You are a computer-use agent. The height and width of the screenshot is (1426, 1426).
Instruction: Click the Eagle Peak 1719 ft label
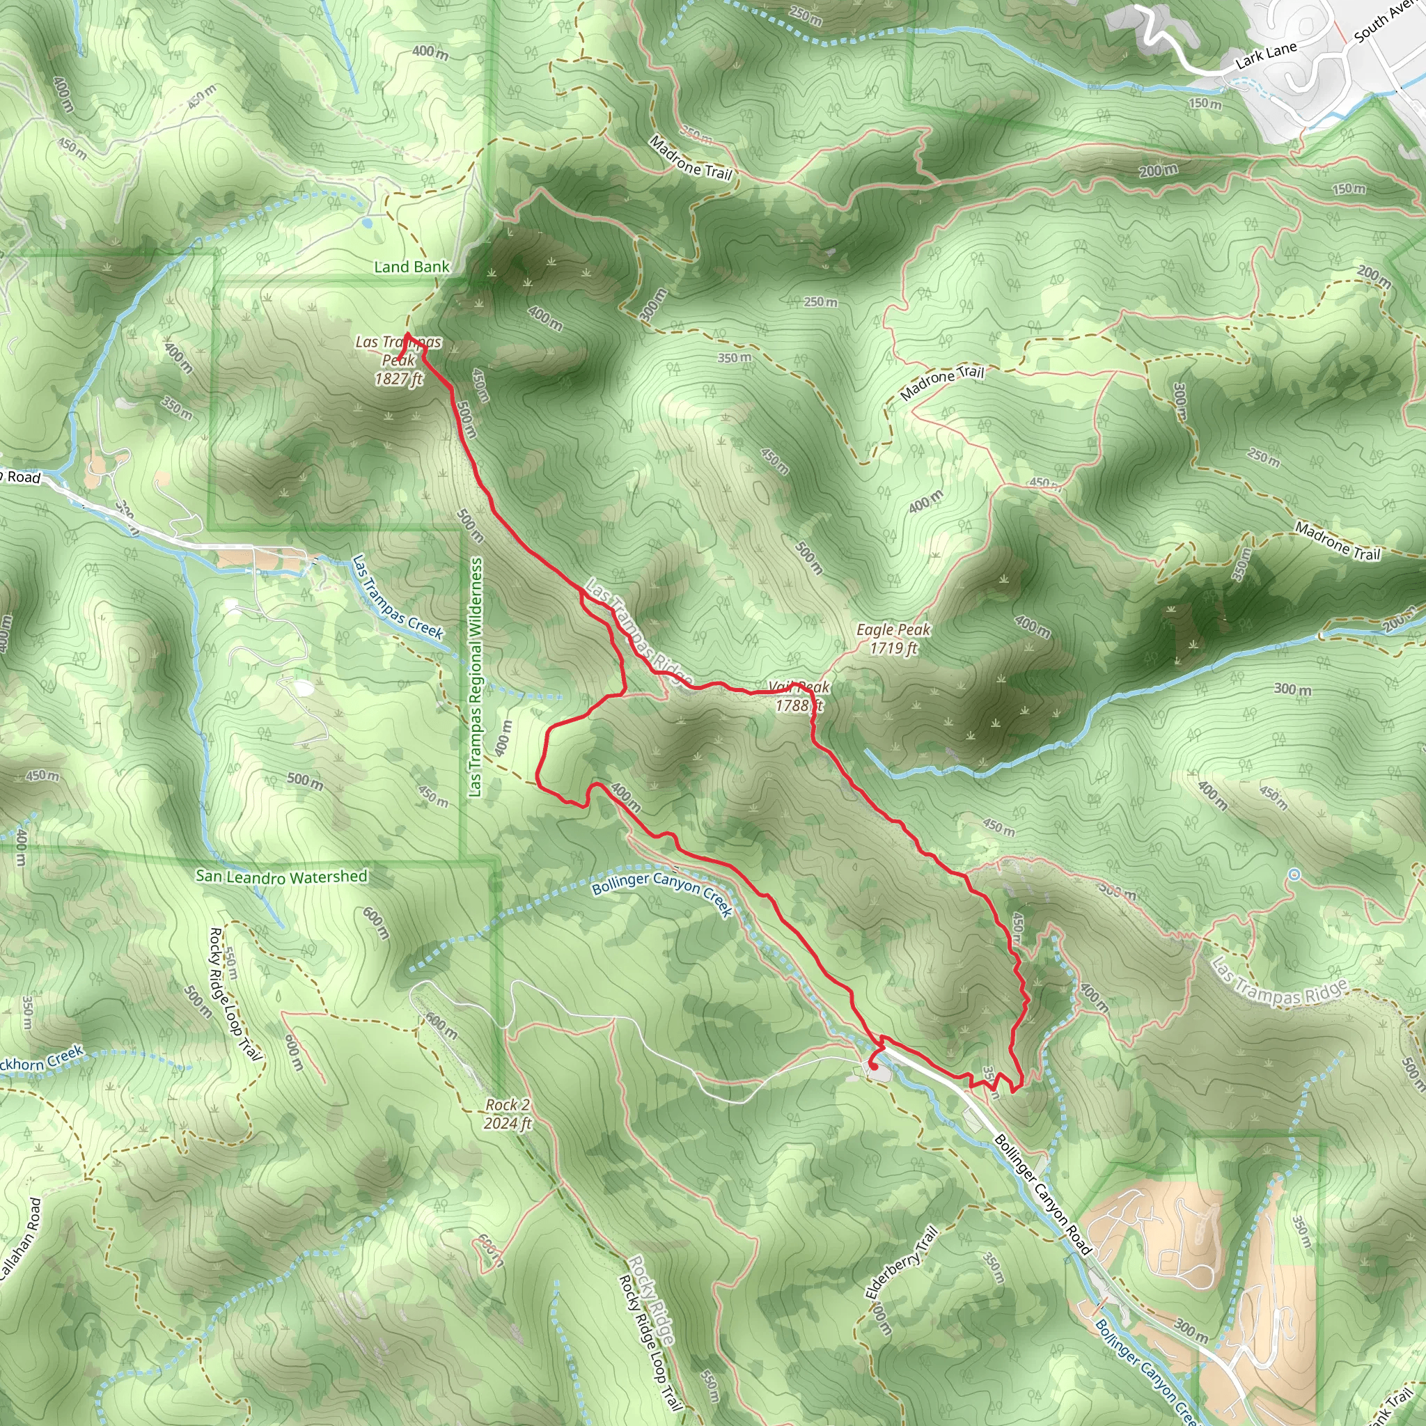[x=893, y=639]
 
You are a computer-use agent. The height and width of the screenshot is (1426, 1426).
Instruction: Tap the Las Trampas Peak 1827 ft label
[x=398, y=360]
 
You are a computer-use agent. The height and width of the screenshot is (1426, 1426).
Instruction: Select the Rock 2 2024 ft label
[x=508, y=1114]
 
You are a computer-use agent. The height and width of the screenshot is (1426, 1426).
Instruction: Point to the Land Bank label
[x=411, y=267]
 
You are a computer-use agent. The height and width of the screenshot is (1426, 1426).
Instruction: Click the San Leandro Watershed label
[x=281, y=877]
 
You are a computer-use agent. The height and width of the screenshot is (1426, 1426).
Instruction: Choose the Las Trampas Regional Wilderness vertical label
[x=476, y=676]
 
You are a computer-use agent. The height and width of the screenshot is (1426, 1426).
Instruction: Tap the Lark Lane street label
[x=1266, y=56]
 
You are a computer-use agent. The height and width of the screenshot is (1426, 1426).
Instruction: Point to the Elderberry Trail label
[x=902, y=1262]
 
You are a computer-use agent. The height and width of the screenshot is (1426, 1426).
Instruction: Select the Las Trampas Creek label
[x=397, y=598]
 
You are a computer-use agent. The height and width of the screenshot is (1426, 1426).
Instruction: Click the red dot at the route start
[x=874, y=1066]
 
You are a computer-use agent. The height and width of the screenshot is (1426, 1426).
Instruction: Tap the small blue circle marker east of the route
[x=1294, y=875]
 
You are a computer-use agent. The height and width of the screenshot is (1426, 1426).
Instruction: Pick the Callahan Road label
[x=22, y=1239]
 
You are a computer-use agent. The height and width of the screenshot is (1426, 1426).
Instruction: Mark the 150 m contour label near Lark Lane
[x=1205, y=104]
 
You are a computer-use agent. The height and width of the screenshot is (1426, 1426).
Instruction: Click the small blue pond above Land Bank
[x=367, y=222]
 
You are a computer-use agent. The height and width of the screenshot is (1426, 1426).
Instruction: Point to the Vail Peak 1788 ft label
[x=799, y=696]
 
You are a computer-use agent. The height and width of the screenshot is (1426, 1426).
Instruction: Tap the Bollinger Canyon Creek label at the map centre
[x=662, y=893]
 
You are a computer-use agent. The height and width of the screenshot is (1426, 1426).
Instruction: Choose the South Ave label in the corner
[x=1388, y=21]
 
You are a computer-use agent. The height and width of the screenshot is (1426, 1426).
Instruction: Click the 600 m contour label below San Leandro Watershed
[x=376, y=923]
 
